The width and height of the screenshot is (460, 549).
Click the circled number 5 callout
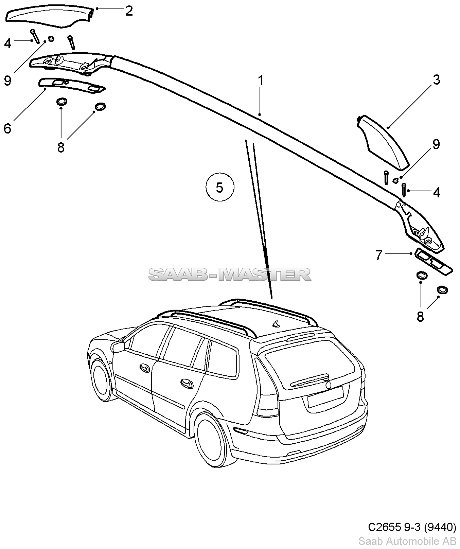pos(220,187)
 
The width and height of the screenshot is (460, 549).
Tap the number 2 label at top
pos(128,11)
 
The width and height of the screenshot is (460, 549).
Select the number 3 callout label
pos(436,80)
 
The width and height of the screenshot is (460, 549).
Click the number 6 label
pos(7,128)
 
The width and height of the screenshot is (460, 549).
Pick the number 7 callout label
pos(379,255)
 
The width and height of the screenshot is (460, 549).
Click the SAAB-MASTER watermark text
pos(230,274)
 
